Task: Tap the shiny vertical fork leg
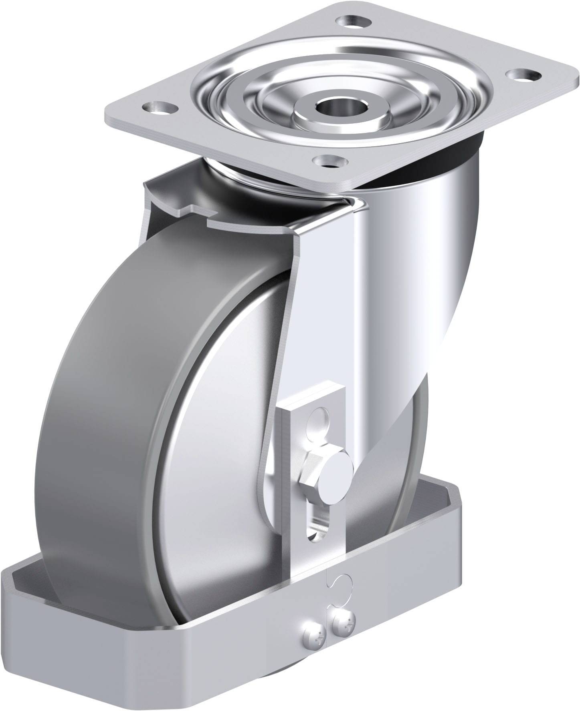pyautogui.click(x=385, y=320)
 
